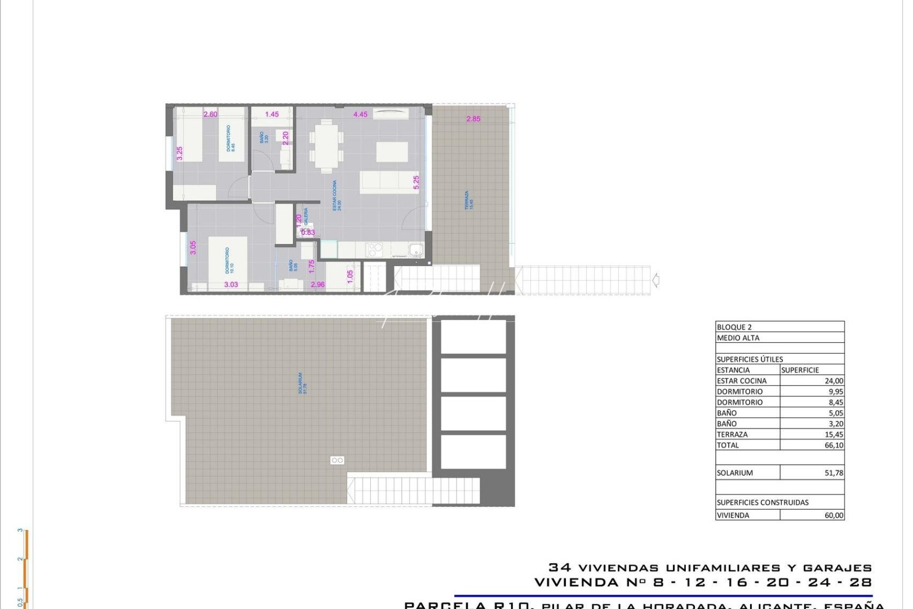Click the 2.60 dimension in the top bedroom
pos(210,114)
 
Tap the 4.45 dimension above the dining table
pos(360,114)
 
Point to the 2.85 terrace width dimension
pos(473,119)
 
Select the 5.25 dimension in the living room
pos(416,182)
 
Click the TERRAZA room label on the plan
pos(467,200)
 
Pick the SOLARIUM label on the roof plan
pos(302,383)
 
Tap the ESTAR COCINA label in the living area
pos(336,196)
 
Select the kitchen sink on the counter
pos(416,249)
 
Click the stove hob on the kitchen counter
pos(374,249)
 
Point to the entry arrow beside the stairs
pos(655,280)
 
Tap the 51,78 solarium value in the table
pos(834,473)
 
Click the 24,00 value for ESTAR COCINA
pos(834,381)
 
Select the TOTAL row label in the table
pos(728,445)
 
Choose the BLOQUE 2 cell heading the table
pos(734,327)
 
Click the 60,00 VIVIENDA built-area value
pos(834,515)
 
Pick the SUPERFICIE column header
pos(800,370)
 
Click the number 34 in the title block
pos(560,568)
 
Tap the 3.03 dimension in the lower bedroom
pos(231,285)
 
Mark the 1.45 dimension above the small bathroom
pos(272,114)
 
